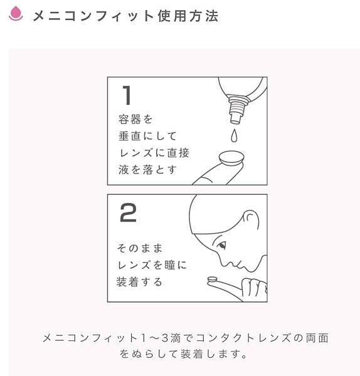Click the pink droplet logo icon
click(16, 13)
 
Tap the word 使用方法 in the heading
click(188, 16)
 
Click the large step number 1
click(127, 95)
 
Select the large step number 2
click(128, 212)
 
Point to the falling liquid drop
click(234, 135)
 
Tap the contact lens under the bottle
click(231, 158)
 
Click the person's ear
click(251, 220)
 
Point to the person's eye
click(221, 245)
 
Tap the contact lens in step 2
click(213, 279)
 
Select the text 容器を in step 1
click(135, 120)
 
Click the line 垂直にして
click(147, 136)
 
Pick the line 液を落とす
click(147, 170)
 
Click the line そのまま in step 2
click(140, 248)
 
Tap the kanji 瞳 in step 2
click(170, 265)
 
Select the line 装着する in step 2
click(139, 282)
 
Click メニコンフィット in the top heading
click(93, 16)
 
